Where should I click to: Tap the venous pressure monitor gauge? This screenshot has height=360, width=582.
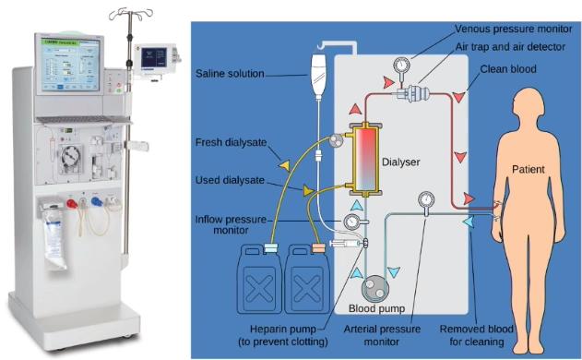[x=401, y=66]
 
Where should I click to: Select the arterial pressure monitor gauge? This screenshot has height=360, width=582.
[x=426, y=199]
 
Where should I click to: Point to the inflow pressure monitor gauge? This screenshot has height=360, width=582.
[x=351, y=222]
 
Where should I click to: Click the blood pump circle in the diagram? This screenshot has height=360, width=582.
[x=374, y=288]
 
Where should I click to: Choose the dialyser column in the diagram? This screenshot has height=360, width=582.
[x=366, y=159]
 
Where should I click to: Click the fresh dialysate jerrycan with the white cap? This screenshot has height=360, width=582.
[x=258, y=278]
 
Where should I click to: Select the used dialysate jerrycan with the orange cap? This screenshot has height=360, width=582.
[x=306, y=278]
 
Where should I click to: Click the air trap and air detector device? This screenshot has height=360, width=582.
[x=412, y=92]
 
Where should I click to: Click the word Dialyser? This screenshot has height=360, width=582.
[x=400, y=162]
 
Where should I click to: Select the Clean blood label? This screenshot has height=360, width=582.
[x=508, y=69]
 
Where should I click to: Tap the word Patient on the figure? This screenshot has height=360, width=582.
[x=528, y=170]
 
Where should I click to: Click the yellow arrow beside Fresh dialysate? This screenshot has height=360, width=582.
[x=285, y=166]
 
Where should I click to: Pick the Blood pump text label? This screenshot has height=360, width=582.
[x=376, y=308]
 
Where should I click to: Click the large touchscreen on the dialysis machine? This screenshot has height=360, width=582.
[x=70, y=65]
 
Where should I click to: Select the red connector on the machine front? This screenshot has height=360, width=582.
[x=72, y=203]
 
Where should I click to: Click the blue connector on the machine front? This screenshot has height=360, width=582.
[x=97, y=201]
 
